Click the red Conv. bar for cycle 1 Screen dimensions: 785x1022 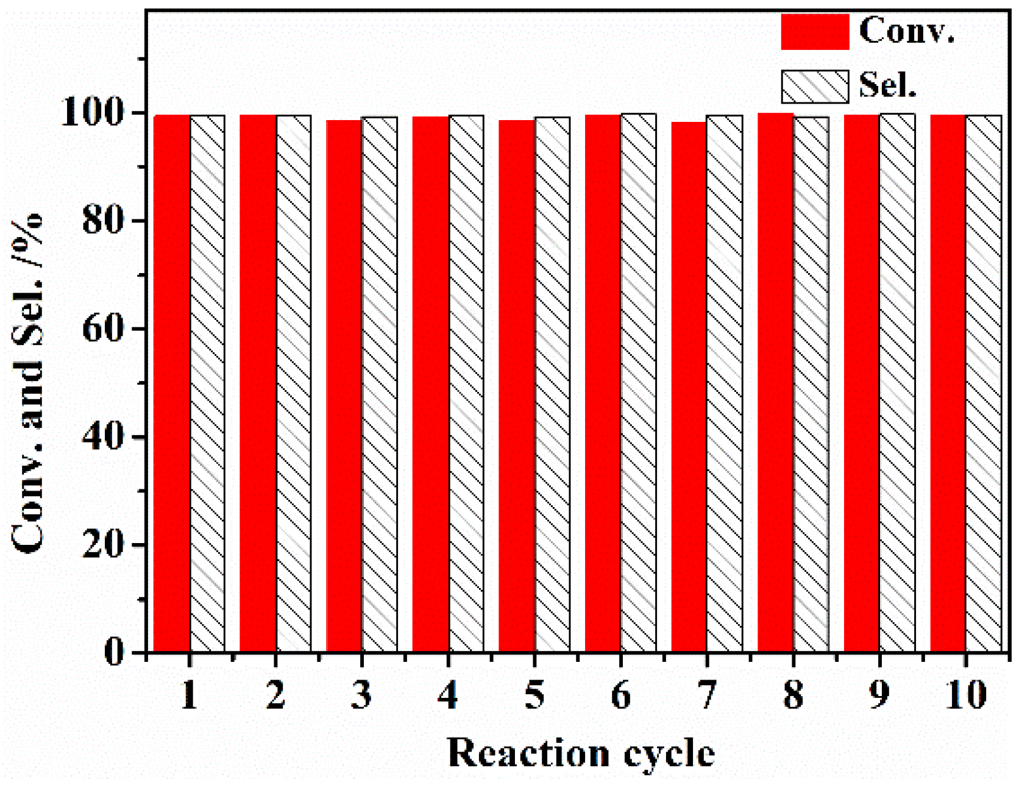tap(172, 384)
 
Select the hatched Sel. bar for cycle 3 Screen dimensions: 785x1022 tap(380, 384)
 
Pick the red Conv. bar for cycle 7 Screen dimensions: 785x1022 tap(689, 387)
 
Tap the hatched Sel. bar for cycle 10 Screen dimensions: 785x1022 tap(984, 384)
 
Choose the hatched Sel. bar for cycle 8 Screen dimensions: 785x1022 tap(811, 384)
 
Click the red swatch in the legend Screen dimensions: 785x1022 tap(815, 32)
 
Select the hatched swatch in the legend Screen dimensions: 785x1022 tap(815, 87)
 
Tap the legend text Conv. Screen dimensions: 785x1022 tap(906, 30)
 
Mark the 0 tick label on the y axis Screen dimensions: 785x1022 tap(113, 653)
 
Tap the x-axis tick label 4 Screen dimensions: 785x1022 tap(448, 695)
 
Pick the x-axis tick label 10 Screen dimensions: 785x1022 tap(966, 695)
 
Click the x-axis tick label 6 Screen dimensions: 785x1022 tap(620, 695)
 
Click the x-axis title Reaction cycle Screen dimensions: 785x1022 tap(581, 753)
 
